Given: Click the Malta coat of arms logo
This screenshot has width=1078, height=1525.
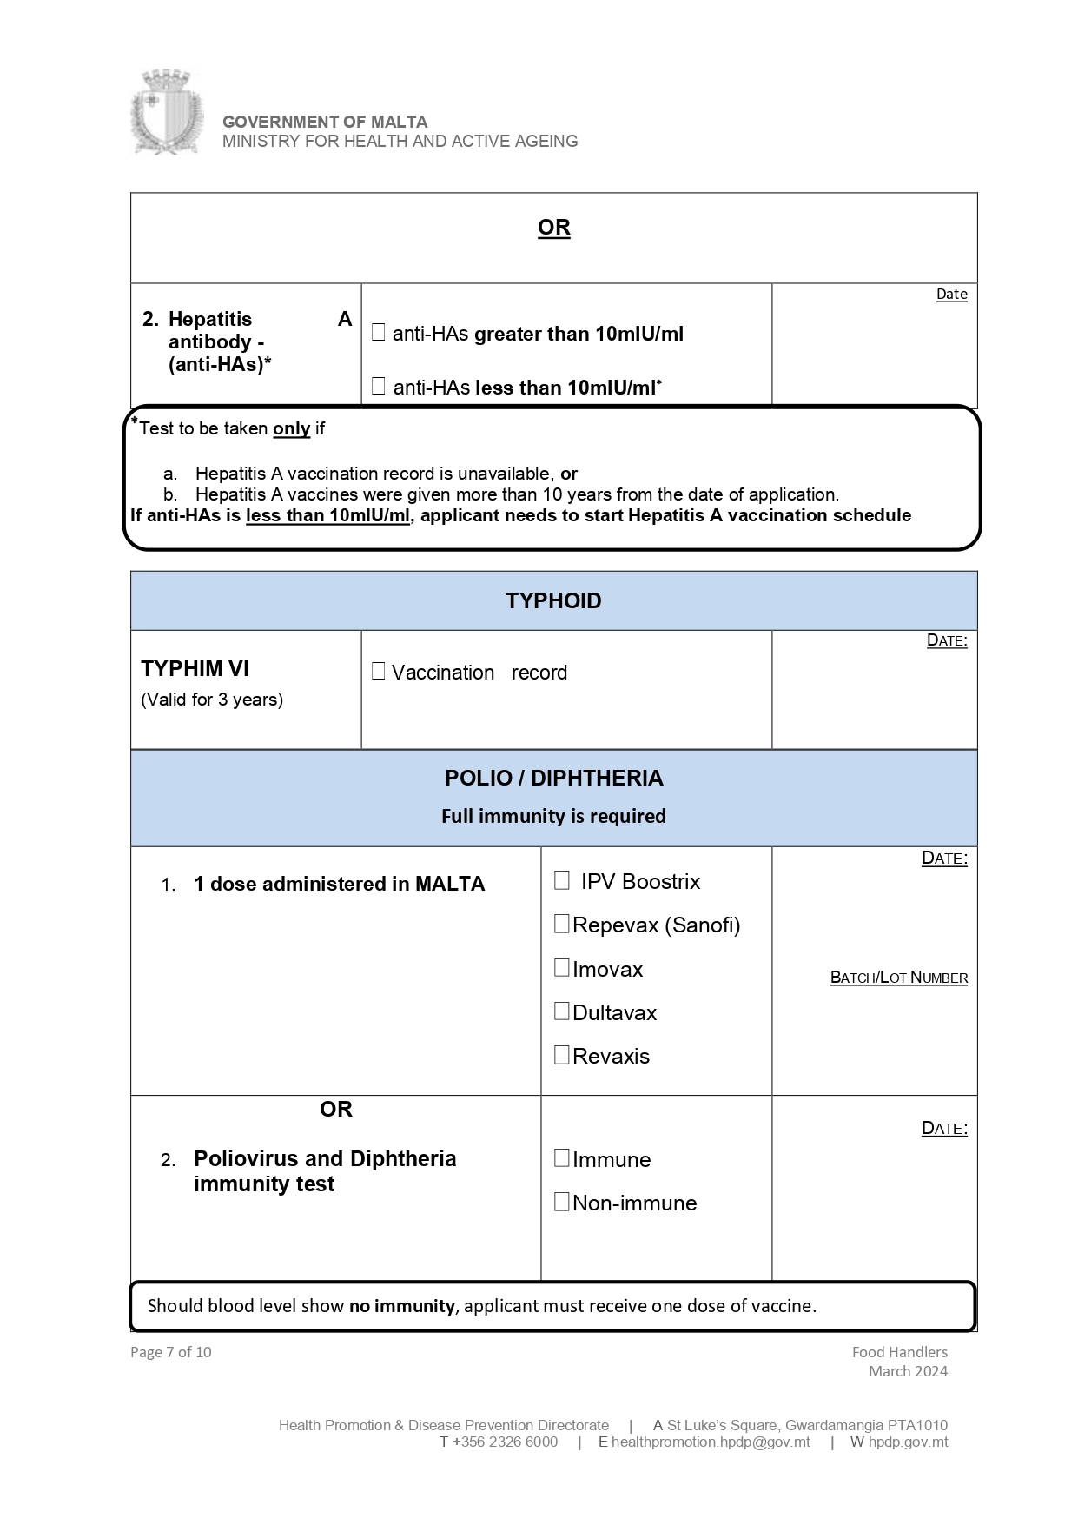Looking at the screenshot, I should coord(166,113).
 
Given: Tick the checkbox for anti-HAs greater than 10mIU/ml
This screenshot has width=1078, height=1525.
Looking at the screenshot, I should coord(378,332).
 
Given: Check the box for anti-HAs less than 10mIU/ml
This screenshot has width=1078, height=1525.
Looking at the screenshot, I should coord(378,386).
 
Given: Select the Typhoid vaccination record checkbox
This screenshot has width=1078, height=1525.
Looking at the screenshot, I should coord(378,671).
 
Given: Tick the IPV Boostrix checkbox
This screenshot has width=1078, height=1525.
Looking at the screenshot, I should coord(562,880).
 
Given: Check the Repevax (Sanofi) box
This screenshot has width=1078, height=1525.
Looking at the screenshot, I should coord(562,924).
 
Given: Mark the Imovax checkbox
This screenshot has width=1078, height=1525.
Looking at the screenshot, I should coord(562,967).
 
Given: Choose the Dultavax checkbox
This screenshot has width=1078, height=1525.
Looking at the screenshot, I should coord(562,1011).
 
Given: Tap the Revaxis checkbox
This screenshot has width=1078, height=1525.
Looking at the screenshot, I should coord(562,1054).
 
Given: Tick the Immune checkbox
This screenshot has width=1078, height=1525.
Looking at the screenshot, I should coord(562,1157).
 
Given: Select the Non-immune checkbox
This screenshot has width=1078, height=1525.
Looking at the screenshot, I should coord(562,1202).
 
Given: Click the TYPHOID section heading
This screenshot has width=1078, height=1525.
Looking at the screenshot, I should coord(553,601).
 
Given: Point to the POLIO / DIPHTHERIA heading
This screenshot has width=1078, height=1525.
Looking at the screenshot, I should coord(553,778).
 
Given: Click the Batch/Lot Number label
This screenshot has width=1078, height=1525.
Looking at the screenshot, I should coord(898,978).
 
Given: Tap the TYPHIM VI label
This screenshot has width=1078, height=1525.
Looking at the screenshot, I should coord(195,668).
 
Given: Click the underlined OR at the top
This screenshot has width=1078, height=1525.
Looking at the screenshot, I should coord(553,228).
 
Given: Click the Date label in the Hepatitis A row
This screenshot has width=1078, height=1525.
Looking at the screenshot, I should coord(951,294).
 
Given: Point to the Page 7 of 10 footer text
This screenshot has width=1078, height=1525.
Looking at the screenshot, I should coord(170,1352).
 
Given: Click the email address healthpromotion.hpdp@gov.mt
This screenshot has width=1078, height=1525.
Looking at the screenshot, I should coord(710,1442).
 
